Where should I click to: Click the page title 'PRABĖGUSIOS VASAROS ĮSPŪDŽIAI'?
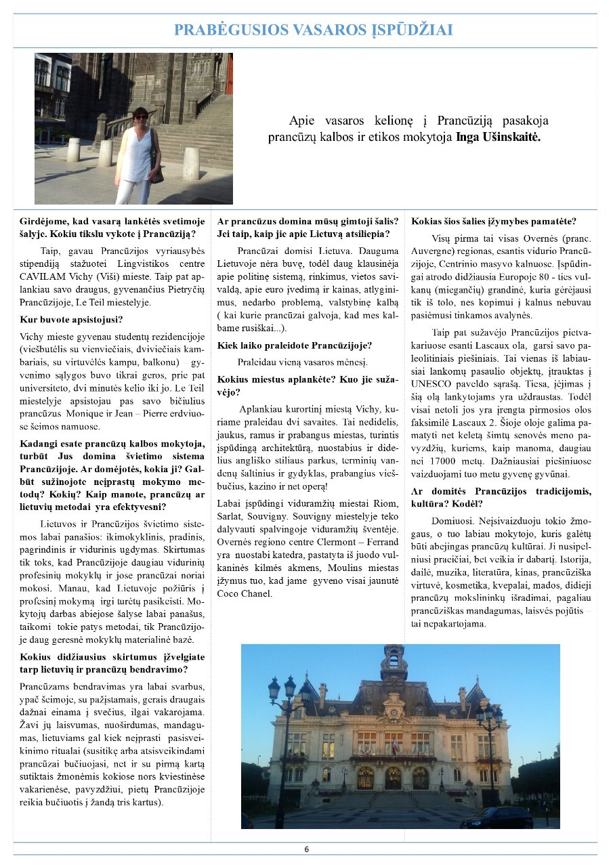(x=313, y=30)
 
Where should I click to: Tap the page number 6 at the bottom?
(x=306, y=849)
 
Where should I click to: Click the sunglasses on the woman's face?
(x=141, y=117)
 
